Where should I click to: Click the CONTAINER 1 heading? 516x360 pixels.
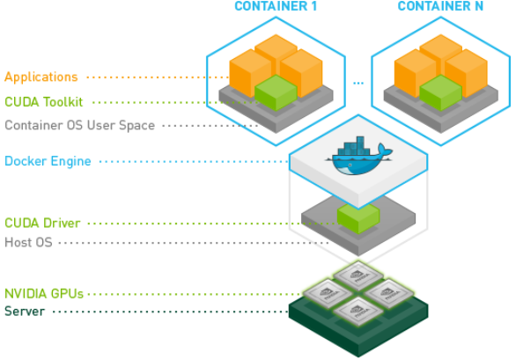click(x=276, y=7)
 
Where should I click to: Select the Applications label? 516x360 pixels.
click(x=41, y=77)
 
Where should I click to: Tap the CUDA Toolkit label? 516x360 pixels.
click(x=44, y=102)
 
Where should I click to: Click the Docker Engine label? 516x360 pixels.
click(x=48, y=161)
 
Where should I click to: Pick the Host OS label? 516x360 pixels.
click(x=28, y=241)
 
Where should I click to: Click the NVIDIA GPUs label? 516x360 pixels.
click(x=44, y=293)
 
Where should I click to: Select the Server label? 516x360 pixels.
click(x=24, y=312)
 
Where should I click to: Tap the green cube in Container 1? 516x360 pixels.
click(x=276, y=92)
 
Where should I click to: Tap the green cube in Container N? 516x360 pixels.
click(x=440, y=92)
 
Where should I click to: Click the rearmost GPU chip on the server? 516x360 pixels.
click(x=358, y=276)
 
